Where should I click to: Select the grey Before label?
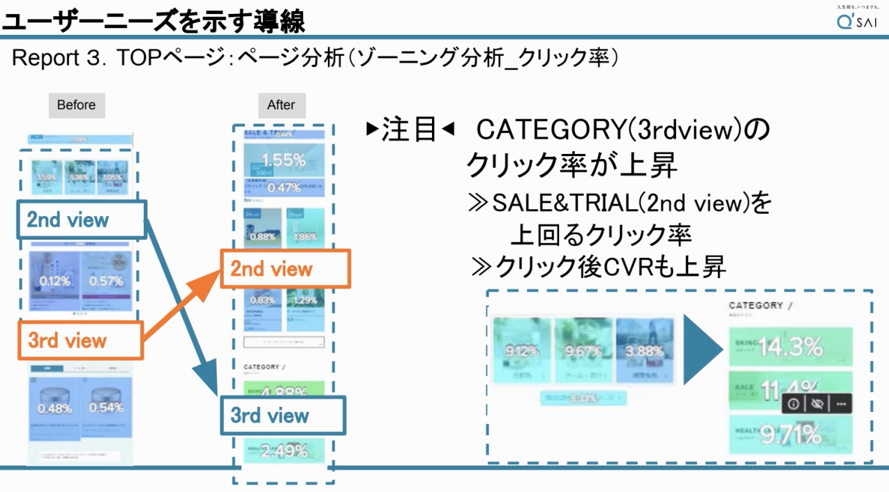coord(76,105)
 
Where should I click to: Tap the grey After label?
coord(281,105)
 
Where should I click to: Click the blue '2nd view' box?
coord(82,220)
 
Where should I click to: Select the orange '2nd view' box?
coord(285,269)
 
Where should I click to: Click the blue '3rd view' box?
coord(283,415)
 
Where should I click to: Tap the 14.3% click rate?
coord(791,347)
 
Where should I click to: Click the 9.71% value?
coord(791,435)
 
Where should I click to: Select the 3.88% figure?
coord(645,350)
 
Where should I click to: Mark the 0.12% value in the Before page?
coord(54,282)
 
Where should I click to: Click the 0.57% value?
coord(106,282)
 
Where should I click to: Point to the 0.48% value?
coord(54,408)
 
